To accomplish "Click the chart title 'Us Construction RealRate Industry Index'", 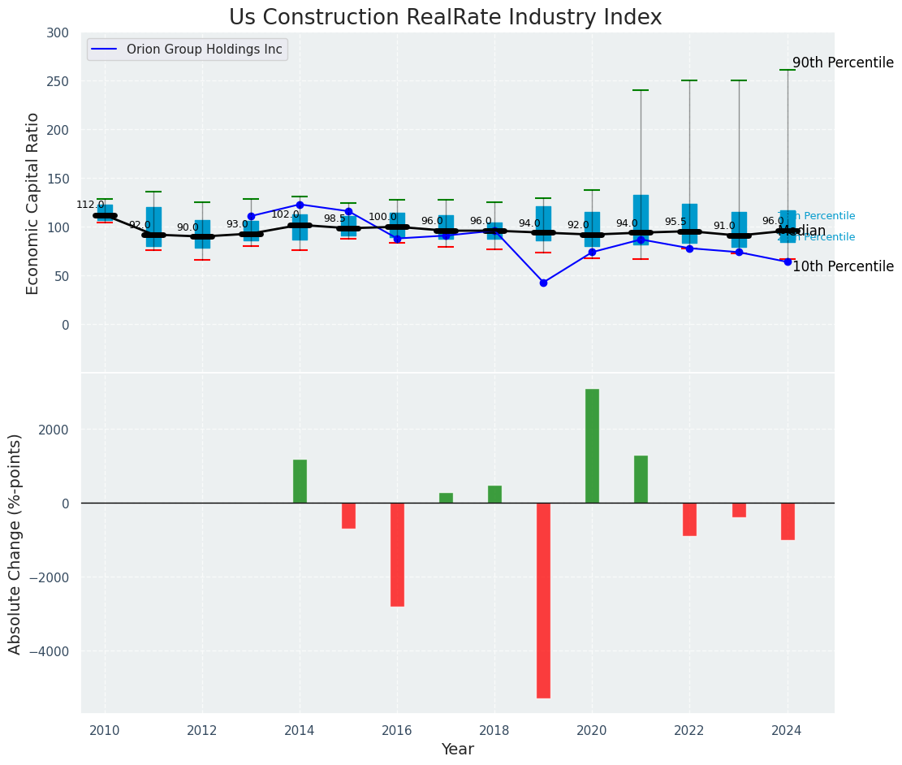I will coord(445,18).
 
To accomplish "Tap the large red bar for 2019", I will coord(543,600).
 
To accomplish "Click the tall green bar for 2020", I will coord(592,446).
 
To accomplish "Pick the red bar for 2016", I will coord(397,554).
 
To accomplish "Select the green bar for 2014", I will coord(300,481).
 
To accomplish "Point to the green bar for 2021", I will coord(641,479).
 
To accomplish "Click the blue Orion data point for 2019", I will coord(543,283).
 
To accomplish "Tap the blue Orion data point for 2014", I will coord(300,205).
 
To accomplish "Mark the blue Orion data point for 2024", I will coord(787,261).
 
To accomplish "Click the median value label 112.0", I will coord(90,205).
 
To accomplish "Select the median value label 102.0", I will coord(285,215).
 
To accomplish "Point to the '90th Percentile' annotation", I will coord(843,63).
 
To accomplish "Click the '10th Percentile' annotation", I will coord(843,267).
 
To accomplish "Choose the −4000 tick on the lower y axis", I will coord(56,651).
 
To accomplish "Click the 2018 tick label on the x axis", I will coord(494,730).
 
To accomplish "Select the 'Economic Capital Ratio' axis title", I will coord(33,203).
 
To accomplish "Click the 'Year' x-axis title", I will coord(457,750).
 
